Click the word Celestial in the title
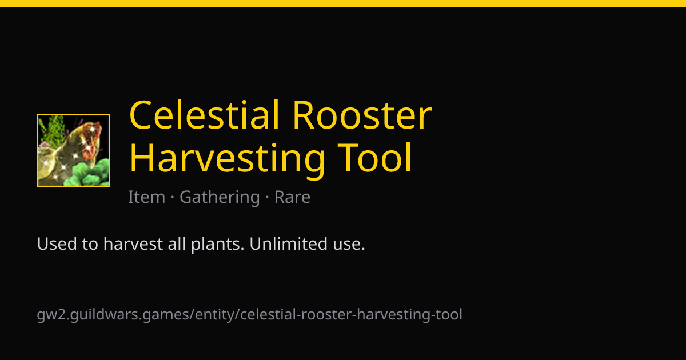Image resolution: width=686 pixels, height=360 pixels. coord(205,115)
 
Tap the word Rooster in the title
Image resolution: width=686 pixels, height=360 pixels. coord(362,115)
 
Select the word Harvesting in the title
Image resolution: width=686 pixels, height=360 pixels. coord(227,159)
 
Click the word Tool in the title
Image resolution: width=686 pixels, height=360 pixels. coord(374,158)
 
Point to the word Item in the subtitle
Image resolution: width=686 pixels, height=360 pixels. coord(147,197)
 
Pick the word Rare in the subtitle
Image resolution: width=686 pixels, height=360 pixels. coord(292,197)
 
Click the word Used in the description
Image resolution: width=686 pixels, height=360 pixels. coord(57,244)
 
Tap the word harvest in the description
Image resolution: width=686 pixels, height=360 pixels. coord(133,244)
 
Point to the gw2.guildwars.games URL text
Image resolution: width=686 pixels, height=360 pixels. coord(250,315)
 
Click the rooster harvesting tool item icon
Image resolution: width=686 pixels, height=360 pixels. coord(73,150)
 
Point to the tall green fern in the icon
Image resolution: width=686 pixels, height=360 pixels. coord(55,130)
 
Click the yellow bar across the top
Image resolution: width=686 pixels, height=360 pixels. coord(343,3)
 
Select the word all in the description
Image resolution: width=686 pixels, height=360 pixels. coord(177,243)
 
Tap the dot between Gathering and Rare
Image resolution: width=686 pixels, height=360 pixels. coord(267,197)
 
